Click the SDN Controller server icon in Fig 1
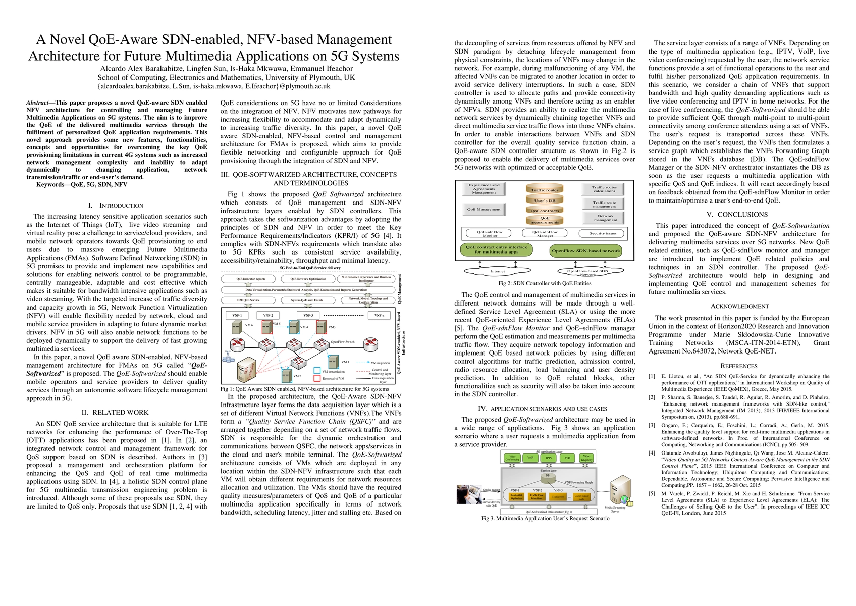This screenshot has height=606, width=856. [x=246, y=370]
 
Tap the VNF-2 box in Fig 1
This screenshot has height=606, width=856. [x=268, y=316]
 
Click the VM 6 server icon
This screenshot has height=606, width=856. [x=236, y=327]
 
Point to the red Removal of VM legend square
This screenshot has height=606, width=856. [x=317, y=378]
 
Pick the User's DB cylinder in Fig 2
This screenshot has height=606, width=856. [x=545, y=200]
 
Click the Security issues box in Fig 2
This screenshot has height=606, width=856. [x=603, y=233]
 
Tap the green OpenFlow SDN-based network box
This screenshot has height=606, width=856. [x=585, y=250]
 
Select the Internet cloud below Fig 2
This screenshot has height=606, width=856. [x=497, y=271]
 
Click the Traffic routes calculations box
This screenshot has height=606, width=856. [x=604, y=189]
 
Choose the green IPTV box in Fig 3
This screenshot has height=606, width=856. [x=549, y=458]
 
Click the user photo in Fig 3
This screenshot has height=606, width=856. [x=468, y=494]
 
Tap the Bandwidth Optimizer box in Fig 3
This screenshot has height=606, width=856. [x=516, y=497]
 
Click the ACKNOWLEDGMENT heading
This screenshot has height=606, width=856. [x=739, y=307]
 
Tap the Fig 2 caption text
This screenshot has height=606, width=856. [x=538, y=283]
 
